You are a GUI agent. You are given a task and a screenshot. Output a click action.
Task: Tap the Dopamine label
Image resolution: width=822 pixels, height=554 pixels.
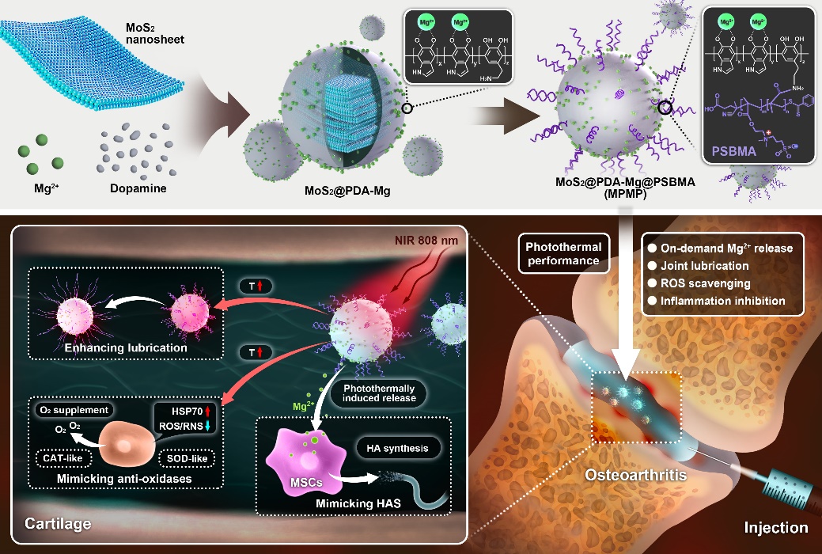pyautogui.click(x=134, y=190)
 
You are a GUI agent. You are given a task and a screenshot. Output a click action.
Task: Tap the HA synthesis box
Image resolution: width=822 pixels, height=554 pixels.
pyautogui.click(x=398, y=449)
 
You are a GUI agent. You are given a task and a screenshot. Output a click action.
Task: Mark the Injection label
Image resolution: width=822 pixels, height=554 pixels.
pyautogui.click(x=776, y=527)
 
